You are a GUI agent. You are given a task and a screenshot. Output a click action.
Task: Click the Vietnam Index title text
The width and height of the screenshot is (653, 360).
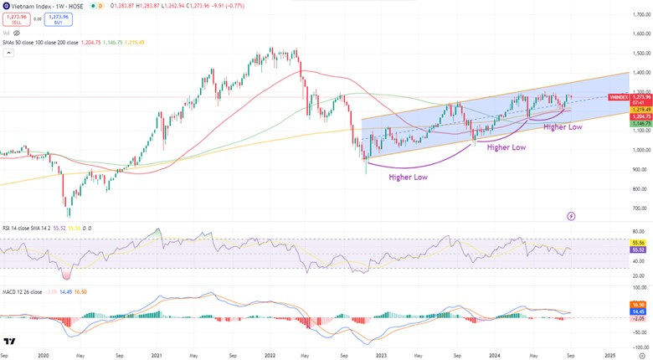(x=34, y=6)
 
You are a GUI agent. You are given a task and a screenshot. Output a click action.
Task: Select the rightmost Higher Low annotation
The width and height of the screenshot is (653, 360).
(x=563, y=126)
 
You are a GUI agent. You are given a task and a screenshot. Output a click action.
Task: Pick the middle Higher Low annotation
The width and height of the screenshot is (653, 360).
(x=506, y=147)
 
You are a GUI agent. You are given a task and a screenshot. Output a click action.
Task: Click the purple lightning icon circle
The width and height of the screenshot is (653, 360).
(x=571, y=215)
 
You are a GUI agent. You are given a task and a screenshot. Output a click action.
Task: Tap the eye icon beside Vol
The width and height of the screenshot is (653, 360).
(x=17, y=33)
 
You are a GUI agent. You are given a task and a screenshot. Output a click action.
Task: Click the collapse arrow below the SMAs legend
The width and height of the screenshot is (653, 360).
(x=8, y=52)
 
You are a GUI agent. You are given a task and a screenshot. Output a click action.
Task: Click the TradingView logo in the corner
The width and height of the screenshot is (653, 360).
(x=9, y=342)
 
